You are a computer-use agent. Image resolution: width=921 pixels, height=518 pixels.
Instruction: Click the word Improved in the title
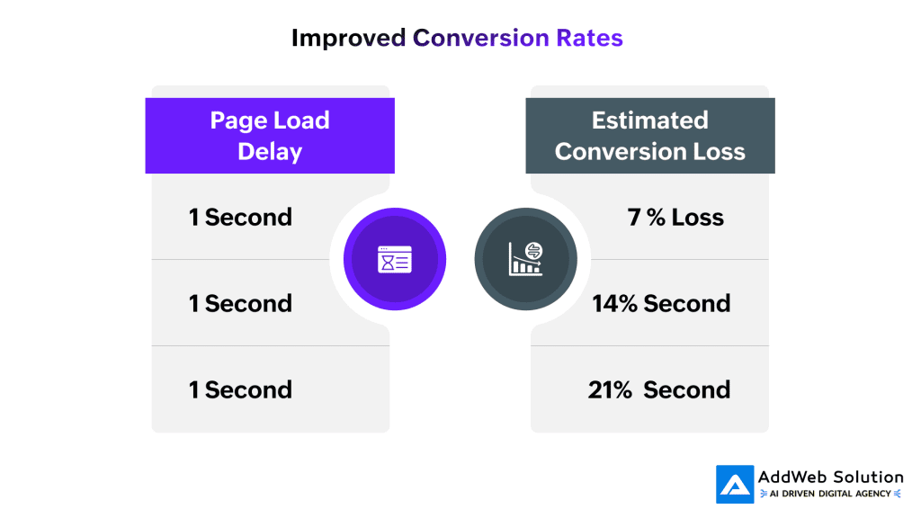point(348,39)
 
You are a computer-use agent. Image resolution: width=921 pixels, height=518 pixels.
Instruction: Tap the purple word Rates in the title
point(589,38)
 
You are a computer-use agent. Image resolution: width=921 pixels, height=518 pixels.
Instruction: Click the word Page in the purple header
point(238,121)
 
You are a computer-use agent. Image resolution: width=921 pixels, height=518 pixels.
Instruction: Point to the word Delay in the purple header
point(270,151)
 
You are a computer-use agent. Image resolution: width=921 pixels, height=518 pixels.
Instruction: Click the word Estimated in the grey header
point(650,121)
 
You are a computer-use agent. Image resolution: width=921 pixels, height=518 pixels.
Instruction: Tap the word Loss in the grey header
point(719,151)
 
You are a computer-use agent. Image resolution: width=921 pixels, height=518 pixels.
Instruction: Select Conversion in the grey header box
point(621,151)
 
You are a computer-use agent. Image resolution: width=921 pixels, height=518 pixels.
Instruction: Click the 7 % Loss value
point(675,218)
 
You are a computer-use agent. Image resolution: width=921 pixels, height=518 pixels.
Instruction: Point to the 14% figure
point(614,304)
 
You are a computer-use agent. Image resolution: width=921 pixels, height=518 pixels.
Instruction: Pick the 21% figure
point(610,390)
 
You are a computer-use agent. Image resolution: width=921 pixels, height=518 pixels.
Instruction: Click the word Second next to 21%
point(686,390)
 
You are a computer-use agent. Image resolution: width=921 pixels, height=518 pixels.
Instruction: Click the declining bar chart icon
point(525,259)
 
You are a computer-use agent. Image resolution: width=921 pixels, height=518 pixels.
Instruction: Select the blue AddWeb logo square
point(735,485)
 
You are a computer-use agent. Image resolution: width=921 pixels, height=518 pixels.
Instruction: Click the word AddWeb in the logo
point(792,477)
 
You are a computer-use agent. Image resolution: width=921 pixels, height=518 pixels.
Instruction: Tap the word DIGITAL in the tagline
point(836,494)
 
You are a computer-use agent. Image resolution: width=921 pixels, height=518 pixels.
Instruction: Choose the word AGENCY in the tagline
point(873,494)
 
